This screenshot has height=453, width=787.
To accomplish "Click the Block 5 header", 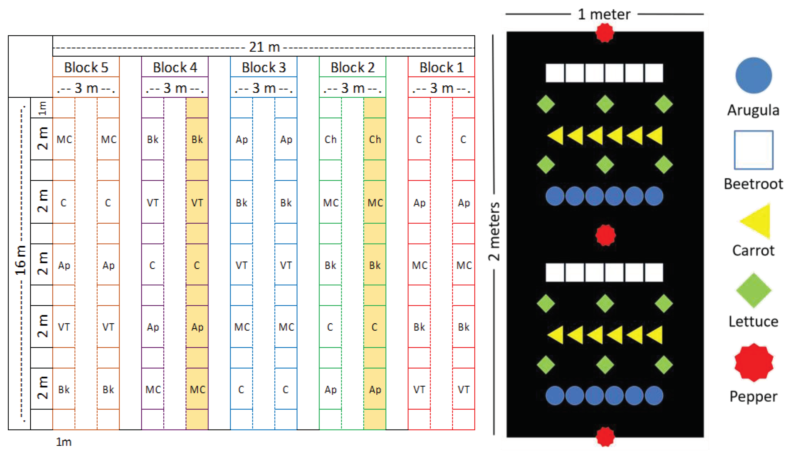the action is (x=86, y=67).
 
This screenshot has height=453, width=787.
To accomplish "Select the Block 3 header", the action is (x=264, y=67).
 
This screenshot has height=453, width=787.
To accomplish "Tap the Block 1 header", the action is (x=441, y=67).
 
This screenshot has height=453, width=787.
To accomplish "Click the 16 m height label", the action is (x=21, y=260).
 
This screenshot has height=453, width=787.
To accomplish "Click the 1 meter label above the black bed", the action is (x=604, y=14).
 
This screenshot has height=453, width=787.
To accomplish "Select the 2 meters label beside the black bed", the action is (x=494, y=232).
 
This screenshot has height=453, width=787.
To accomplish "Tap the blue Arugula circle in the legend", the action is (x=754, y=75).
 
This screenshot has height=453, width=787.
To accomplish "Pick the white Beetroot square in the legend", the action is (x=754, y=150).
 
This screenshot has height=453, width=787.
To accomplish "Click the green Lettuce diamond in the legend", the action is (x=754, y=290).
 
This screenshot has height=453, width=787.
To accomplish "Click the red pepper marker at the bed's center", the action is (x=605, y=235).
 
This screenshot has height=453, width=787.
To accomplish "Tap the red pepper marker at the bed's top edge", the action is (x=605, y=33).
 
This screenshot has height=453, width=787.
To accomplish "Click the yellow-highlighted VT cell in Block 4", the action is (x=197, y=203).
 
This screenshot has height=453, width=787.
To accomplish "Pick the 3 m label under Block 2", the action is (x=352, y=88).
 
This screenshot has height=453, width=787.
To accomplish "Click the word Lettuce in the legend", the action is (x=753, y=321).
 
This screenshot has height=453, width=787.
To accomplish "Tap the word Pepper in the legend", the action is (x=753, y=396).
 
